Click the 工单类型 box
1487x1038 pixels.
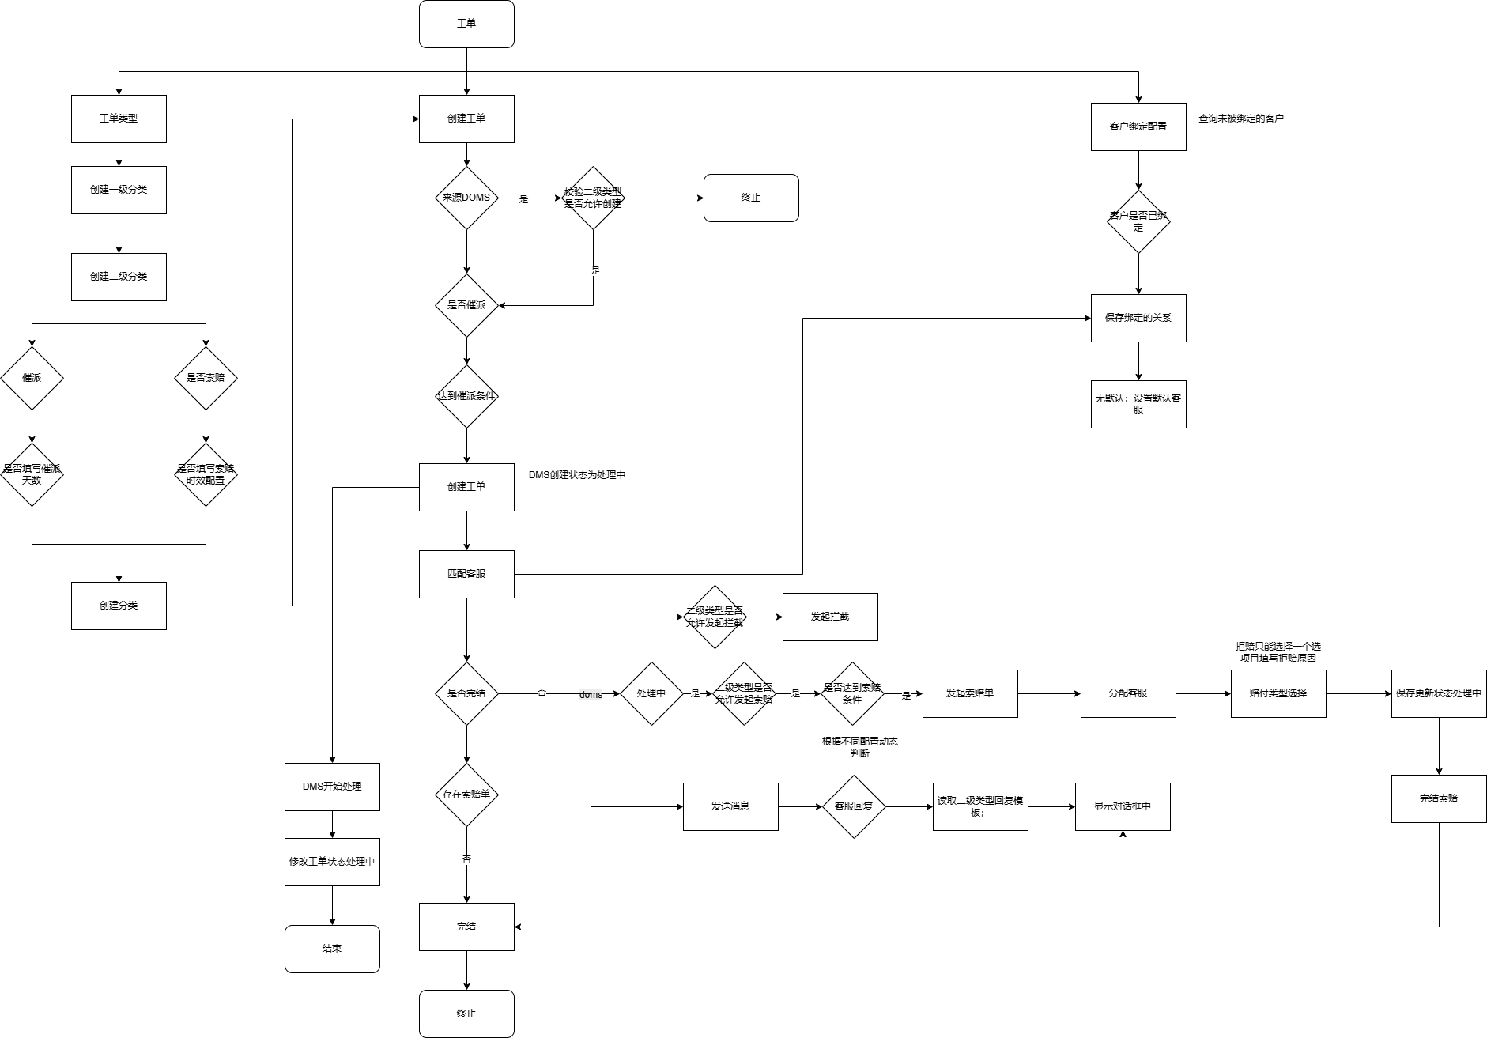pos(119,119)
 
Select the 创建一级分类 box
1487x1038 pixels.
pos(119,190)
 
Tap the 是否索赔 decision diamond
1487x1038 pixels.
pos(206,378)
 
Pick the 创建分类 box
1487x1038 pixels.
pos(119,606)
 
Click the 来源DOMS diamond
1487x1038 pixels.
pos(466,198)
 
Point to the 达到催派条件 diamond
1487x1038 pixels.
pos(466,396)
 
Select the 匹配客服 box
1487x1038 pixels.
pos(466,574)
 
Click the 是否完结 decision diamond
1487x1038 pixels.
pos(466,693)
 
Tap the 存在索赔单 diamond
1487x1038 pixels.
pos(466,795)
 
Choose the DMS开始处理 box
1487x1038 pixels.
pos(332,787)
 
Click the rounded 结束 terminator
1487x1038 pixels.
pos(332,949)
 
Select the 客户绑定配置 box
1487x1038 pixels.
pos(1138,126)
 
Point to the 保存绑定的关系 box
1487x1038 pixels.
pos(1138,318)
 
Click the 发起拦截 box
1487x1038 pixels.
pos(830,617)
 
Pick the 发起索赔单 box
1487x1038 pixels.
pos(970,693)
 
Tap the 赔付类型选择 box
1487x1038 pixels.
pos(1278,693)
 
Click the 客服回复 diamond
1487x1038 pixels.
pos(854,806)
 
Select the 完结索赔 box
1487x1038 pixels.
pos(1439,798)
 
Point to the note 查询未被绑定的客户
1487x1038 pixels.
pos(1241,119)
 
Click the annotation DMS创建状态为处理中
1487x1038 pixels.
pos(577,475)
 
